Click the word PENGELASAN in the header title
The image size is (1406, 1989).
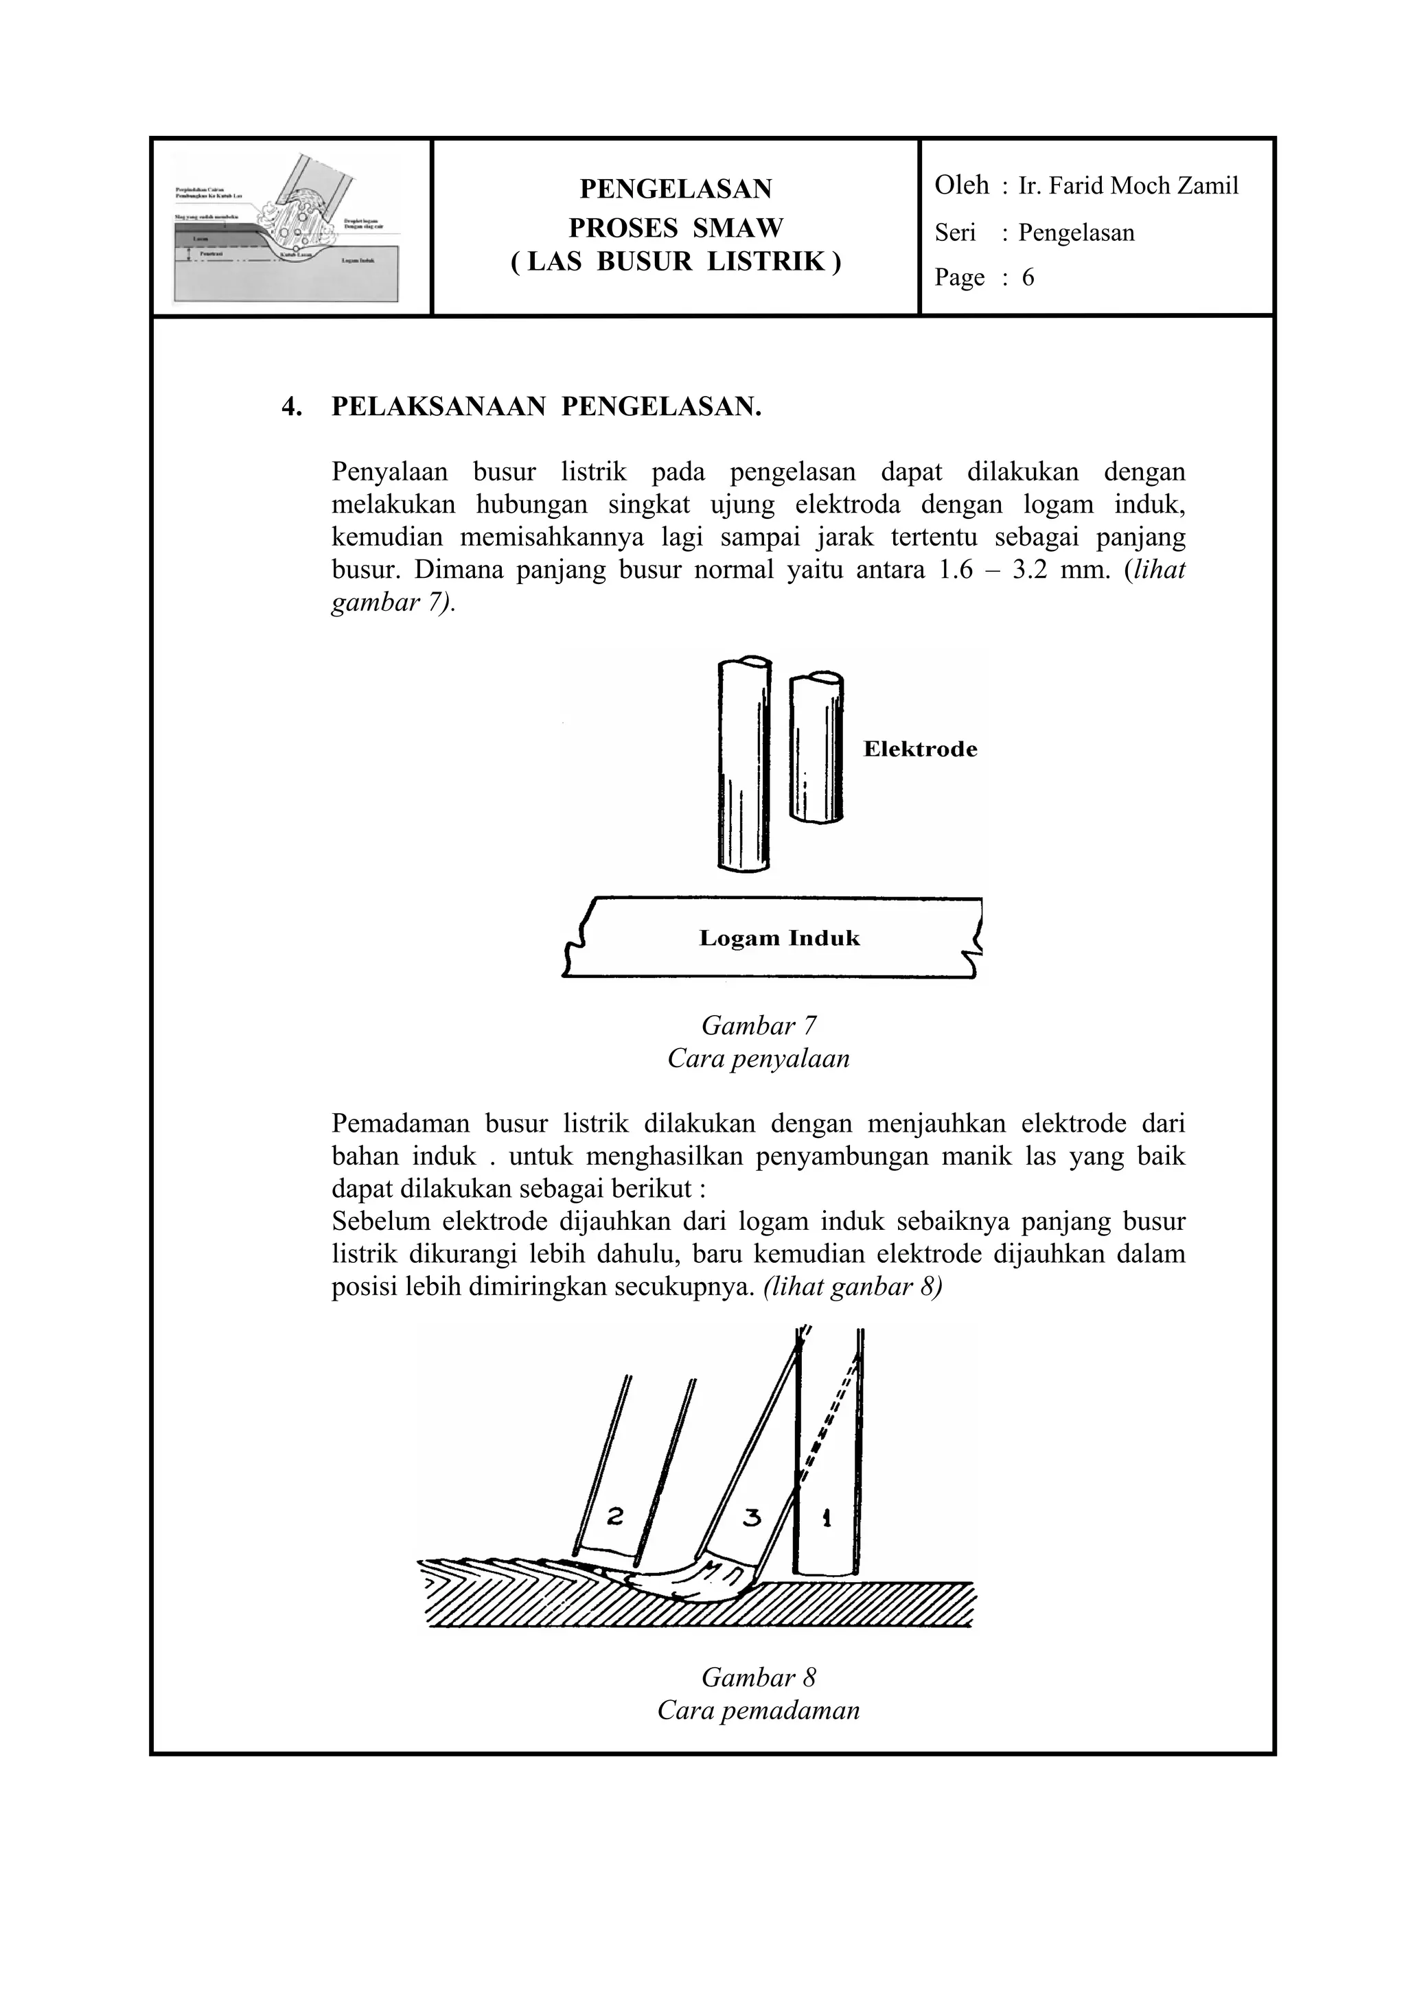tap(675, 188)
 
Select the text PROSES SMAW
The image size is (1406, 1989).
tap(675, 228)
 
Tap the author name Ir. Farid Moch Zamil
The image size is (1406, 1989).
tap(1128, 185)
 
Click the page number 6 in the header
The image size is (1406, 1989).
tap(1028, 277)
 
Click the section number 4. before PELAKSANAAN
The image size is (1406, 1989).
tap(292, 406)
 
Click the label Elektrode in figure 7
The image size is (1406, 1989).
tap(920, 749)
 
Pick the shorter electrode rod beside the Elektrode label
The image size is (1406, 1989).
tap(816, 747)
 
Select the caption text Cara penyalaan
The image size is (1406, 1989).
tap(758, 1058)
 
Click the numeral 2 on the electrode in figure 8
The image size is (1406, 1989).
tap(615, 1516)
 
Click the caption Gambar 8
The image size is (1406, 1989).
tap(758, 1678)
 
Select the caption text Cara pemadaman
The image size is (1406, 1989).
tap(758, 1711)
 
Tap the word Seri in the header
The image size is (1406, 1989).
tap(955, 232)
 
